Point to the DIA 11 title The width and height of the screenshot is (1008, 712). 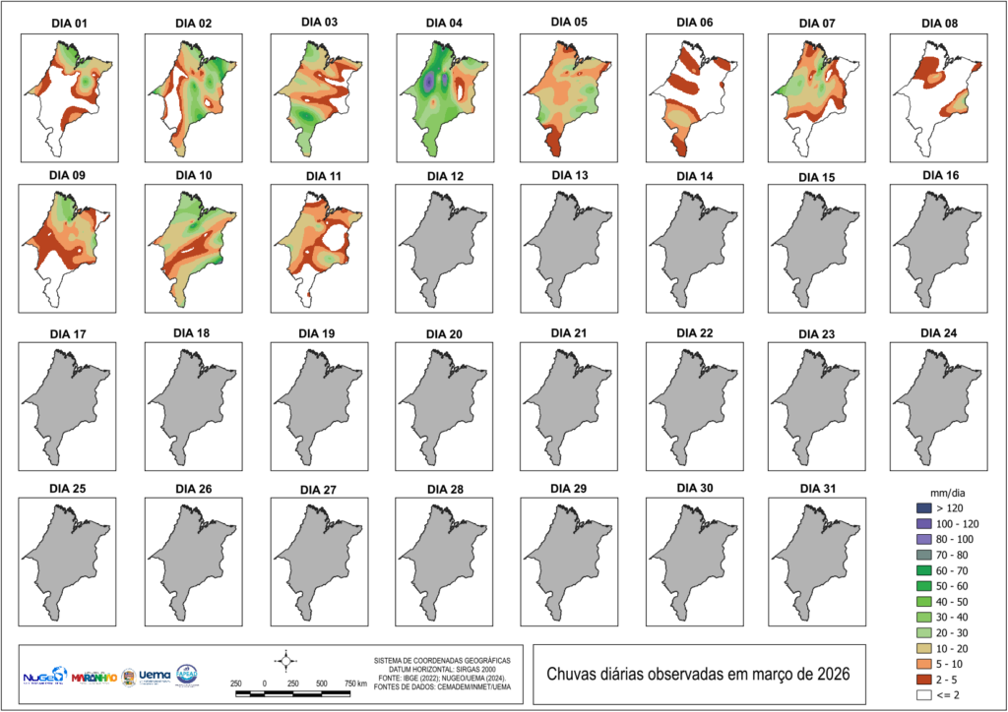point(320,174)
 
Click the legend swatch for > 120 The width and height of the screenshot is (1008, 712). point(922,507)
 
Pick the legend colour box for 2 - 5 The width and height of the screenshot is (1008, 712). point(922,679)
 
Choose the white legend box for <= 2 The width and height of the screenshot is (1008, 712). point(922,695)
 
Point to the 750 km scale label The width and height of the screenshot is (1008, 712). point(355,682)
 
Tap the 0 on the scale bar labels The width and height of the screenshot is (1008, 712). point(265,682)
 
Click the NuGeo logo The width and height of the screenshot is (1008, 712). point(44,677)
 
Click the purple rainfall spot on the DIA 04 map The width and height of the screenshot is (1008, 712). point(429,84)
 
